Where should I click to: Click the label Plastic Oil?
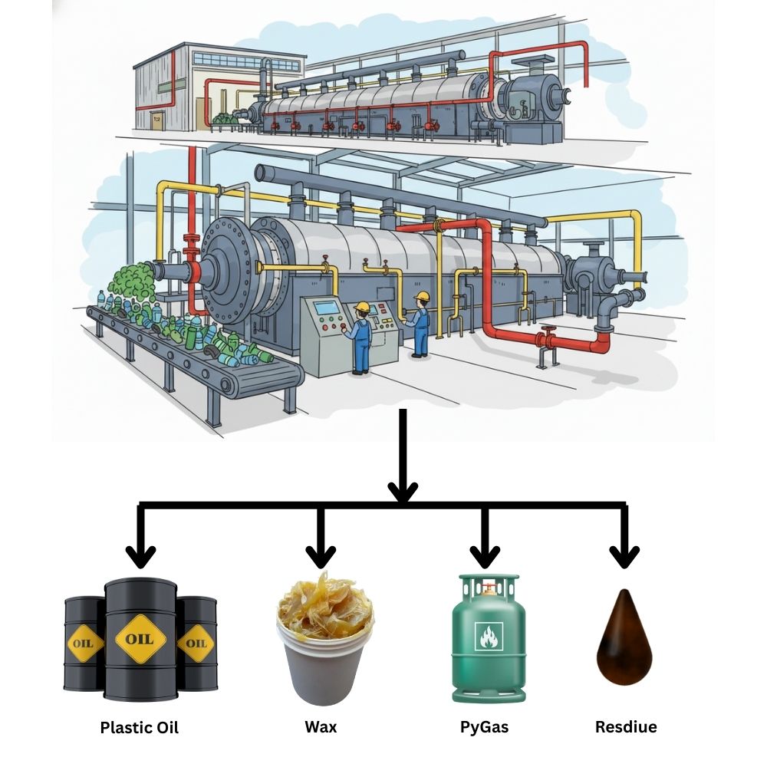(139, 727)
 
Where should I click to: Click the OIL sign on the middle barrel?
(139, 638)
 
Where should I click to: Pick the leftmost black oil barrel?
(83, 644)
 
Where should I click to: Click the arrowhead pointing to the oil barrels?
(140, 554)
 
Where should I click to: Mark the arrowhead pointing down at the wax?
(321, 554)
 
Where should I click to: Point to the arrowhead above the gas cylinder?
(484, 554)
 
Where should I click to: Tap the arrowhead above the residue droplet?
(625, 554)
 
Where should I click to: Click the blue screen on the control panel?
(328, 308)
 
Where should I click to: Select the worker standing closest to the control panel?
(360, 337)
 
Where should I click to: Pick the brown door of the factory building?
(157, 120)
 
